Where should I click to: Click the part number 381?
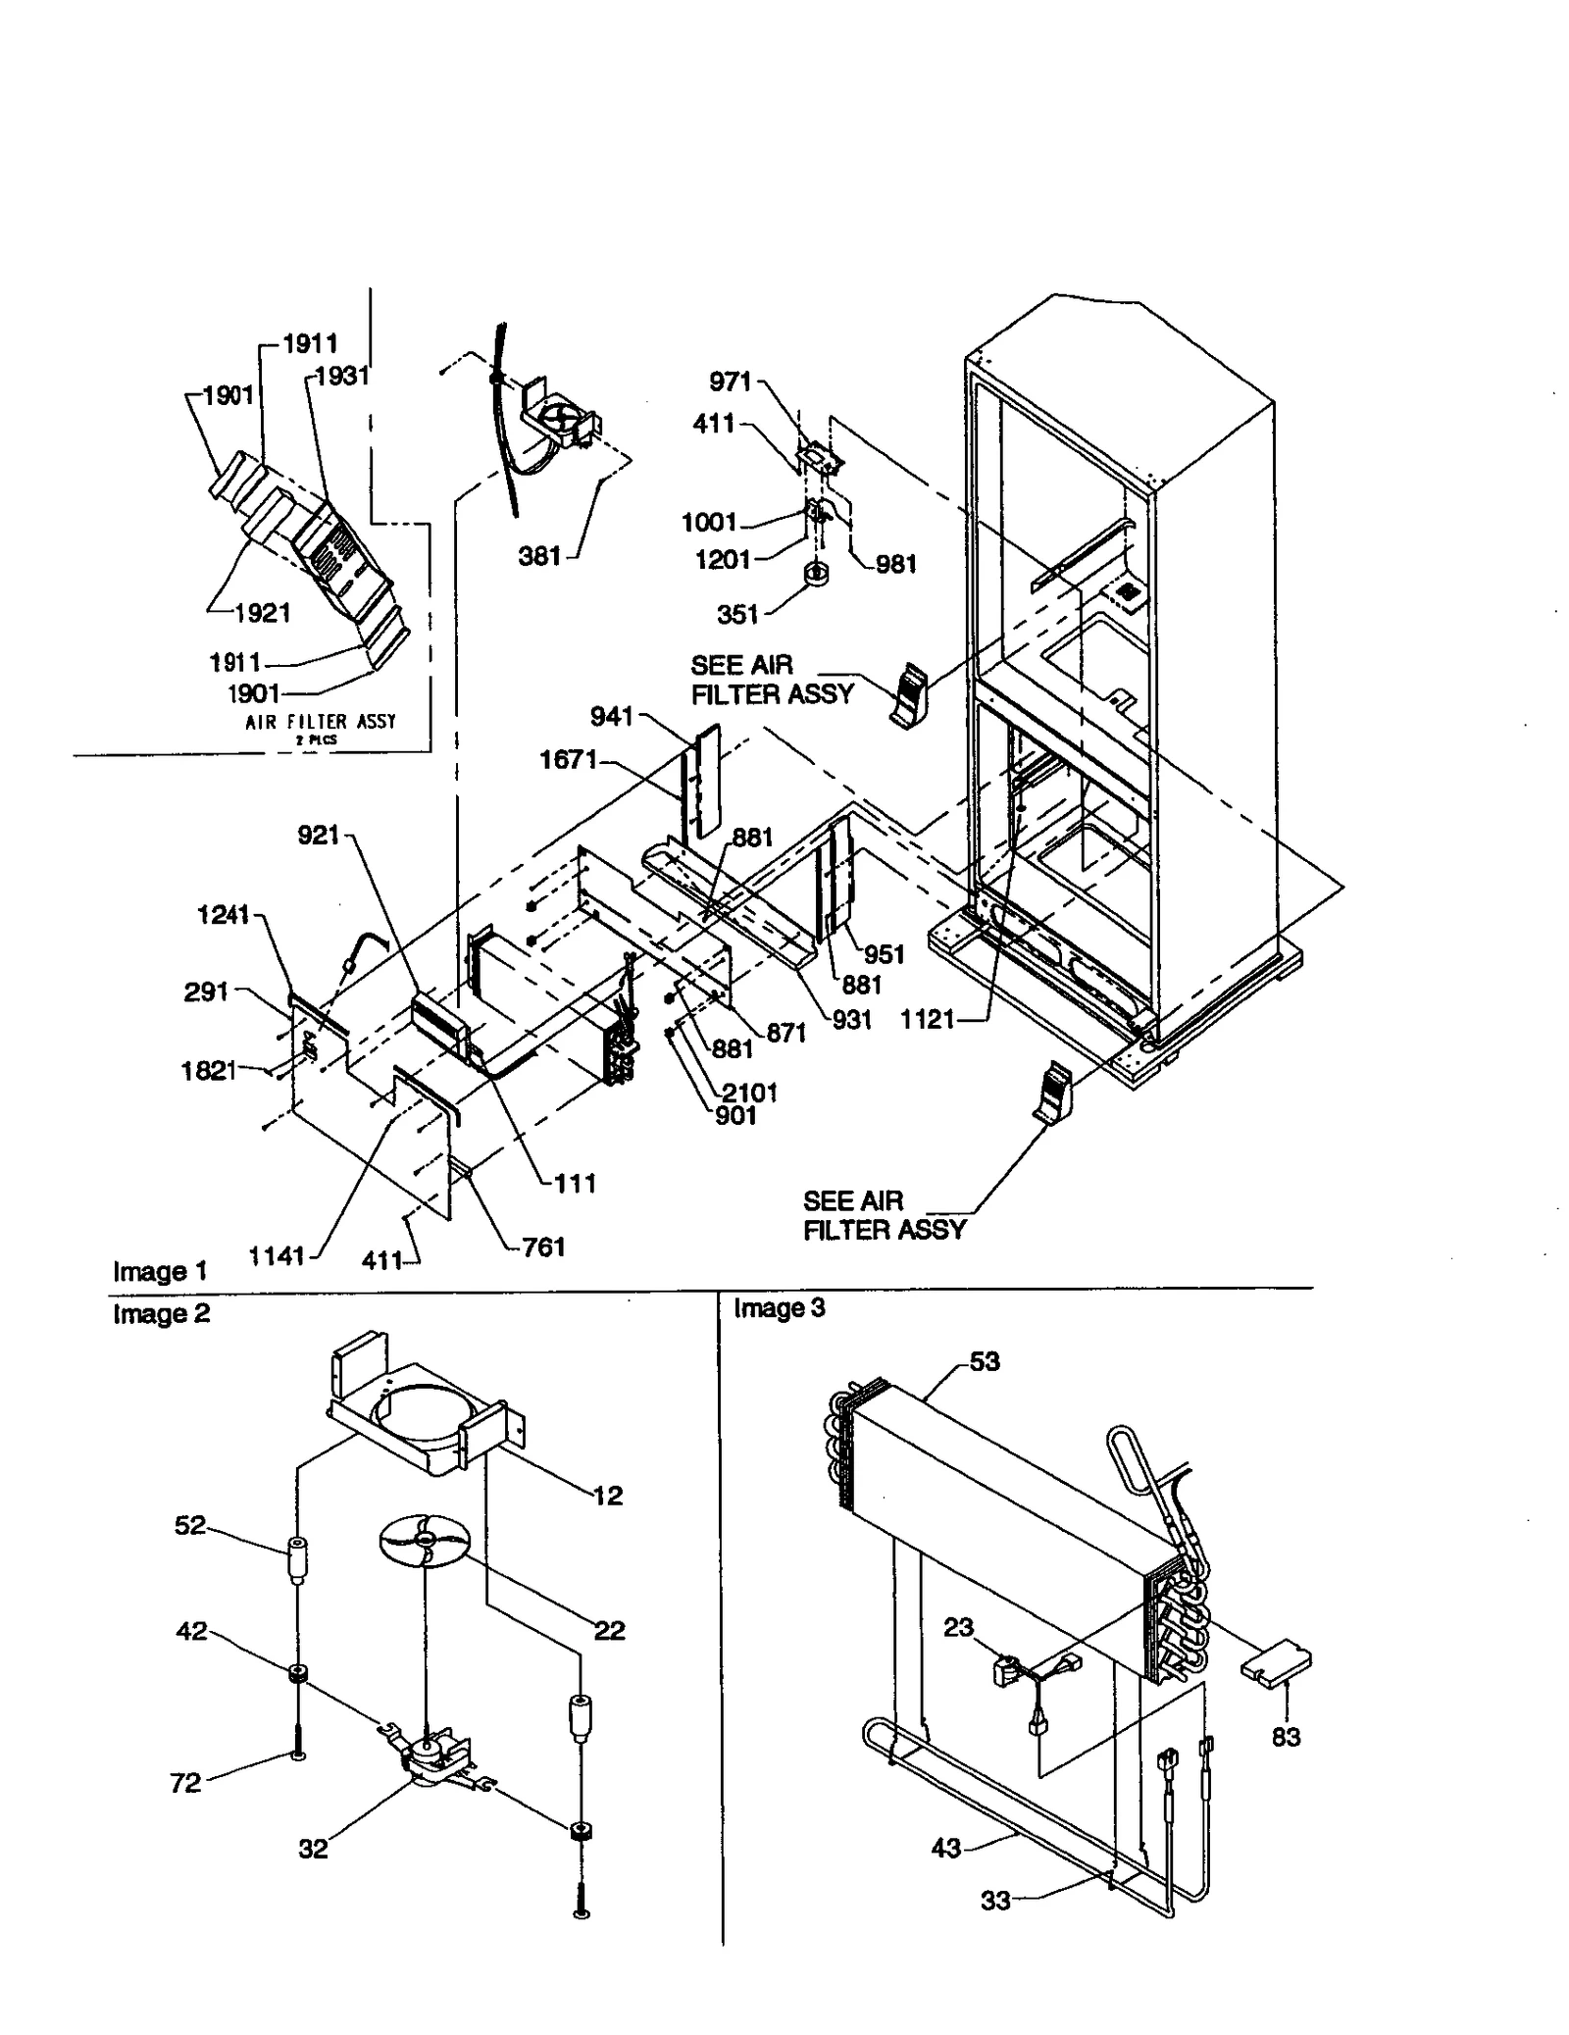[538, 557]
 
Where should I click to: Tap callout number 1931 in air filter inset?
[342, 377]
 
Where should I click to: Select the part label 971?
[730, 382]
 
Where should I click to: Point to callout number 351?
[737, 615]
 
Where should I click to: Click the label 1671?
[568, 760]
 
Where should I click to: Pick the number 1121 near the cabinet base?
[928, 1020]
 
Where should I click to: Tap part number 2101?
[750, 1093]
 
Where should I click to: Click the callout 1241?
[224, 915]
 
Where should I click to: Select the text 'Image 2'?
[162, 1314]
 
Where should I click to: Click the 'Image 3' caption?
[780, 1308]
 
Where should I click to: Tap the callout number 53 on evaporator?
[985, 1361]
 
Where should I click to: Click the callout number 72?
[185, 1783]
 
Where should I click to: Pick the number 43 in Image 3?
[946, 1849]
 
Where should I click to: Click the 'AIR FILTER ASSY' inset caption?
[321, 722]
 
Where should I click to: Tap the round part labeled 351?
[818, 573]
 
